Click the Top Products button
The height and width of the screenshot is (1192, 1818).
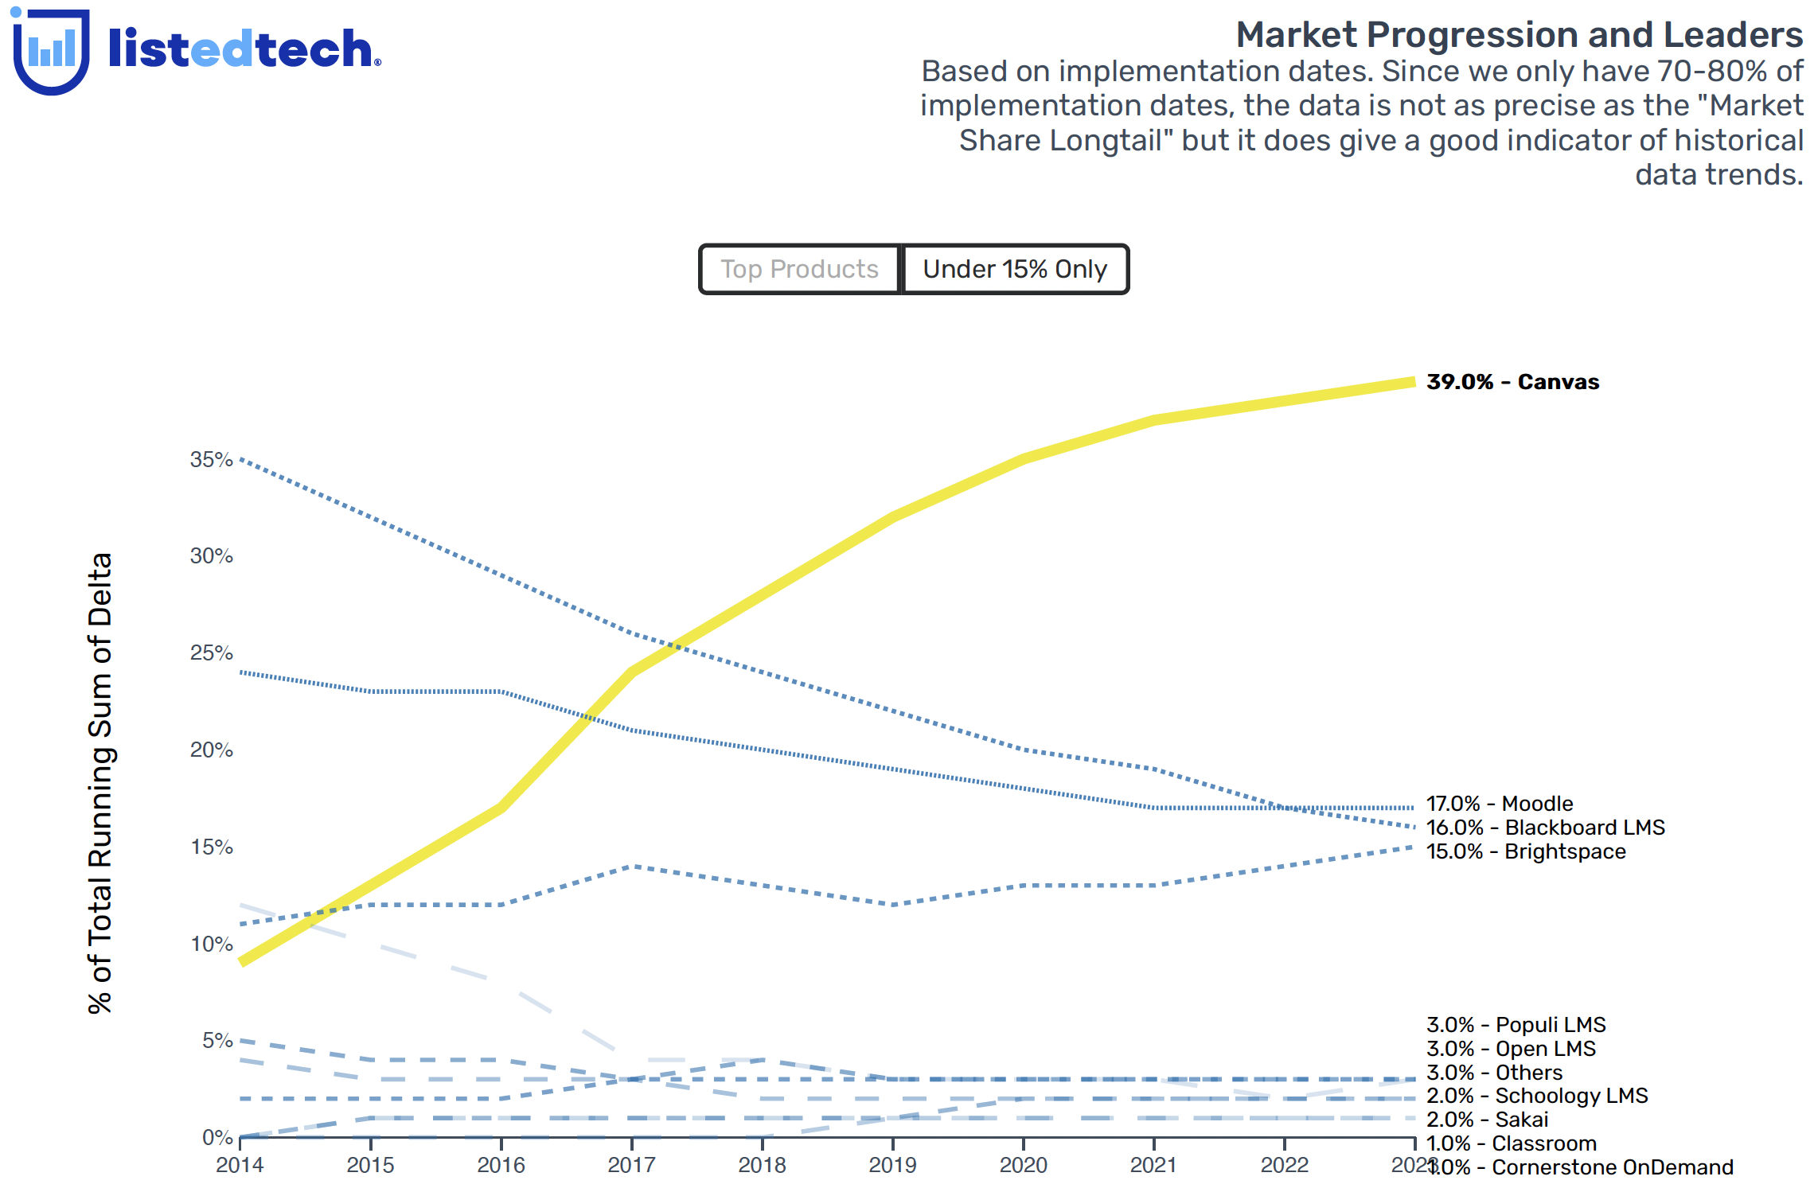tap(799, 269)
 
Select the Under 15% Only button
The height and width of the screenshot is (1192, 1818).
tap(1015, 269)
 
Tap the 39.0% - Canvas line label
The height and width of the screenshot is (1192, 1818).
tap(1512, 382)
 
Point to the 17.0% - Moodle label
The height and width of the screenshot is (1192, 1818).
tap(1500, 804)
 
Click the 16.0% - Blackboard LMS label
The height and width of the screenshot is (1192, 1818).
tap(1545, 828)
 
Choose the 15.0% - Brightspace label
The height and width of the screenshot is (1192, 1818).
tap(1526, 851)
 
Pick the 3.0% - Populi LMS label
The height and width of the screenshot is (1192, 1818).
tap(1516, 1025)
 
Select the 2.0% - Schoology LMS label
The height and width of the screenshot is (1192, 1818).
tap(1537, 1096)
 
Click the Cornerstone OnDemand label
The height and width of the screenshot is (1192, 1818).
tap(1612, 1167)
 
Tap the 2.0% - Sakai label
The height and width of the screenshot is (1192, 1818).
tap(1487, 1120)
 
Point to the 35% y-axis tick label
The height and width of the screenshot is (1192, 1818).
tap(211, 459)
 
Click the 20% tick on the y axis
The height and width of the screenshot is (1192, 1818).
tap(211, 750)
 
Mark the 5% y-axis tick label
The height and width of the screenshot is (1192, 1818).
tap(217, 1040)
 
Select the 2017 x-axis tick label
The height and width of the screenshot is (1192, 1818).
tap(631, 1165)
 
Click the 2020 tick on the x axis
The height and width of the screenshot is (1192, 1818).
tap(1023, 1165)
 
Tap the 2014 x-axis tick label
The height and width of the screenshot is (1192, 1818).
tap(240, 1165)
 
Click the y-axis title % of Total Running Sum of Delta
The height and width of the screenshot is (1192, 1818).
tap(100, 783)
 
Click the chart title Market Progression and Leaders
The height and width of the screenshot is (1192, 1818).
tap(1519, 35)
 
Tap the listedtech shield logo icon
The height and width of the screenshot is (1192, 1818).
tap(51, 51)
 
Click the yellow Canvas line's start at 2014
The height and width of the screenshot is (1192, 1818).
tap(243, 961)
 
